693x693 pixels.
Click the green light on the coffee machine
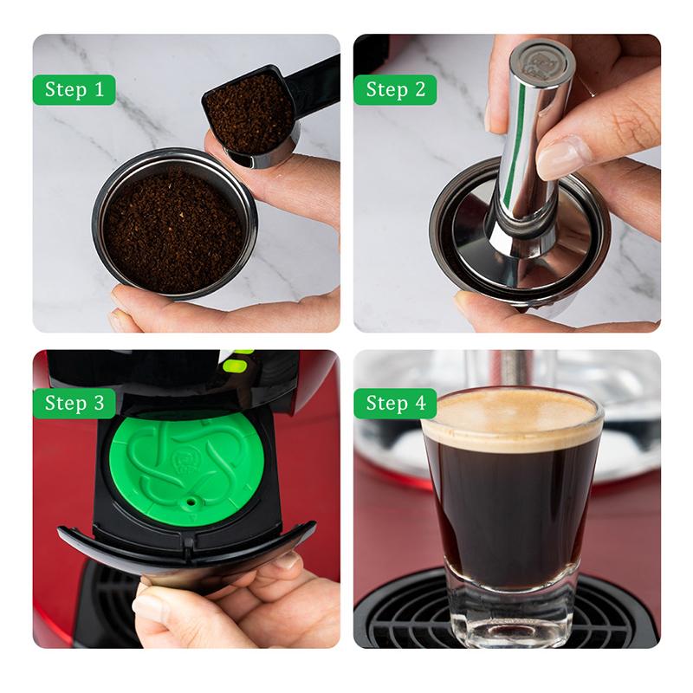coord(232,362)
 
